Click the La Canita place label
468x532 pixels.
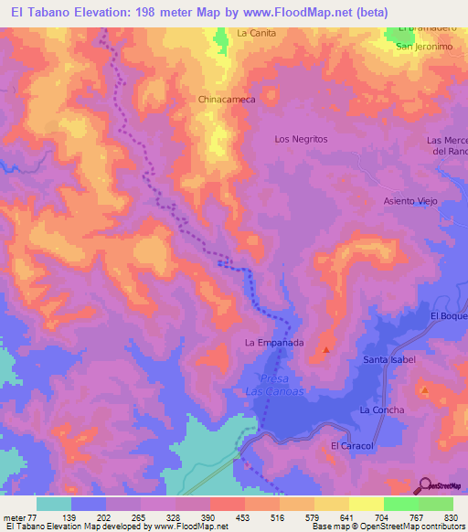click(256, 33)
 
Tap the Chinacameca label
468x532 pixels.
click(225, 99)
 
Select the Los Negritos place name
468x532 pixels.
click(301, 139)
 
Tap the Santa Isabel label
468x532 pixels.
click(389, 360)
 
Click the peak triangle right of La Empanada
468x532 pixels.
click(325, 348)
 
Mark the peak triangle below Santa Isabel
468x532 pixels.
click(425, 390)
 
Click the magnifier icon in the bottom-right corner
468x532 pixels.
click(425, 484)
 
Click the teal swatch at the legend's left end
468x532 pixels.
click(54, 504)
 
